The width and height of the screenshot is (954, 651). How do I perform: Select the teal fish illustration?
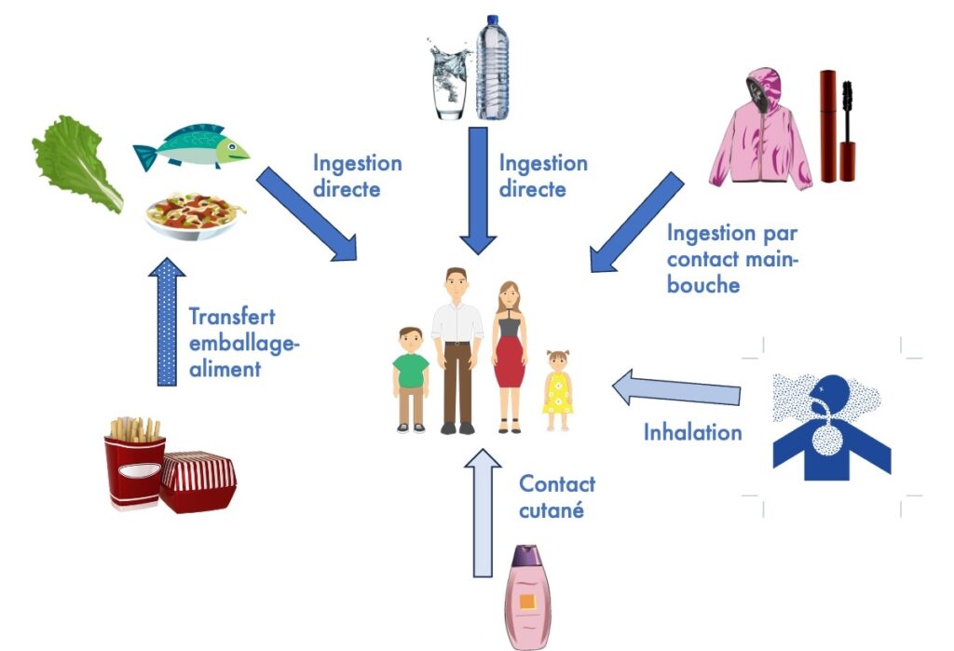click(x=191, y=146)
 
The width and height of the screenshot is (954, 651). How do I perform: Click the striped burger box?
click(x=198, y=481)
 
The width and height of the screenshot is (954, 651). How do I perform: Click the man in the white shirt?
click(x=457, y=349)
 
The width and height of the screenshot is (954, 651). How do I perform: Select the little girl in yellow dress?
click(x=558, y=391)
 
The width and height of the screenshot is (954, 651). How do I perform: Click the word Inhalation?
click(x=693, y=432)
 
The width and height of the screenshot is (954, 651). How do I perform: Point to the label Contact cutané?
click(x=556, y=496)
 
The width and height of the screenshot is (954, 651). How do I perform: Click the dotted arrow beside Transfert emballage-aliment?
click(x=167, y=322)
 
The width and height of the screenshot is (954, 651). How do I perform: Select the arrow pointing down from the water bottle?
click(x=478, y=190)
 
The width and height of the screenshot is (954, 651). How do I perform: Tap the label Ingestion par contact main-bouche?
click(x=732, y=259)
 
